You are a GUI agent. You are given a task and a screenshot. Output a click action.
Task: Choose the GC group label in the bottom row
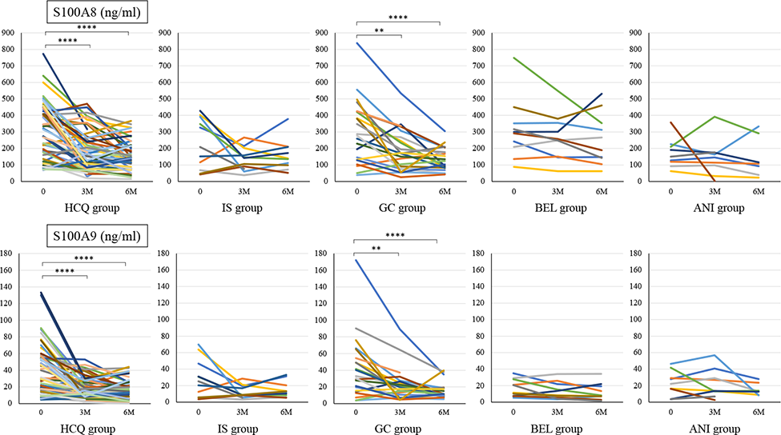[397, 429]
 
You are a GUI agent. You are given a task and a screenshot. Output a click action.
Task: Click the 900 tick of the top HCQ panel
[9, 34]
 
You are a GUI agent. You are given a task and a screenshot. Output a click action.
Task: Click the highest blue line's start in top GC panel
[356, 42]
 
